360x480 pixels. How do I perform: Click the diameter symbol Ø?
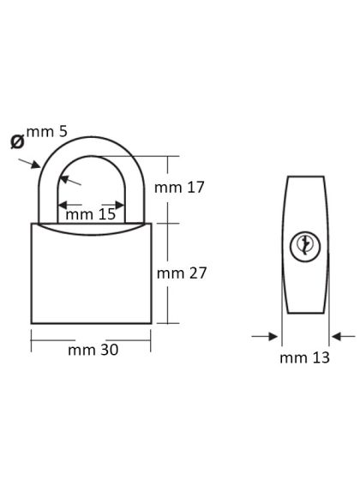click(x=17, y=141)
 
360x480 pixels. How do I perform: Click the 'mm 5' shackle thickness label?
click(x=46, y=132)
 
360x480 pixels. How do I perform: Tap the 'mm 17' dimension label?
click(x=179, y=188)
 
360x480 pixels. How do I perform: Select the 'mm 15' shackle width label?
click(x=91, y=214)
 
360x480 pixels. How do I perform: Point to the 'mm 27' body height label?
click(x=182, y=273)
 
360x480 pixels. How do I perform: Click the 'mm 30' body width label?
click(x=93, y=350)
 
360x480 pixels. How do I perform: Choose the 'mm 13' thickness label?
click(x=304, y=358)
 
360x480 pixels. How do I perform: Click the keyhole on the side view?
click(x=305, y=247)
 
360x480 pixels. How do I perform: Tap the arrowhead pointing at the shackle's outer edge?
click(x=35, y=165)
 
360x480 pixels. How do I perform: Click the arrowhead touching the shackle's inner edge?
click(x=64, y=179)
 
